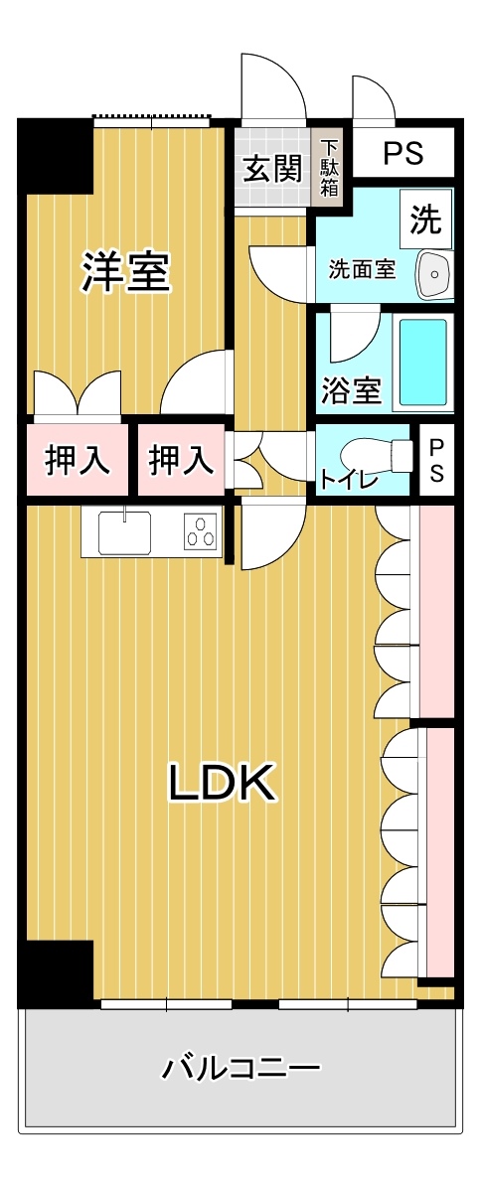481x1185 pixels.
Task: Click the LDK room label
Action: point(220,783)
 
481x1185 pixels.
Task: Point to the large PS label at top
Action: point(402,153)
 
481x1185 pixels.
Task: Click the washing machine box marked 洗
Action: point(425,219)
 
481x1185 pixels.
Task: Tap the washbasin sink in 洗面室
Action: point(434,274)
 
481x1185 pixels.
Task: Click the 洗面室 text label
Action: point(363,270)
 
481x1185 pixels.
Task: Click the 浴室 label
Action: point(351,390)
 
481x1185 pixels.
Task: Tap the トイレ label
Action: point(349,480)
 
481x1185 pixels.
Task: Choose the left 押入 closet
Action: point(75,460)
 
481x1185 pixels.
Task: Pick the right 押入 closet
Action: point(182,460)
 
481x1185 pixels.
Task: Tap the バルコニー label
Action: point(241,1068)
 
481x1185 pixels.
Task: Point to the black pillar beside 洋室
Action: point(56,156)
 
